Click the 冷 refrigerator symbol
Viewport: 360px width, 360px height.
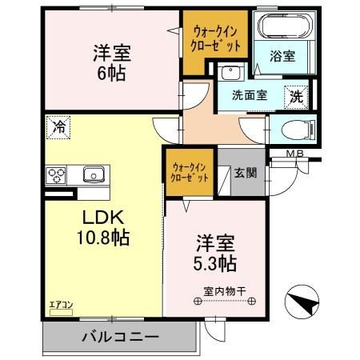click(58, 126)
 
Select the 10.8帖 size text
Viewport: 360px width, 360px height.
click(102, 238)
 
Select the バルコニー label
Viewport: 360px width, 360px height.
click(120, 337)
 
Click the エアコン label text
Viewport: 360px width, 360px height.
click(61, 304)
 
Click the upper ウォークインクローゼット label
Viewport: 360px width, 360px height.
click(213, 38)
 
